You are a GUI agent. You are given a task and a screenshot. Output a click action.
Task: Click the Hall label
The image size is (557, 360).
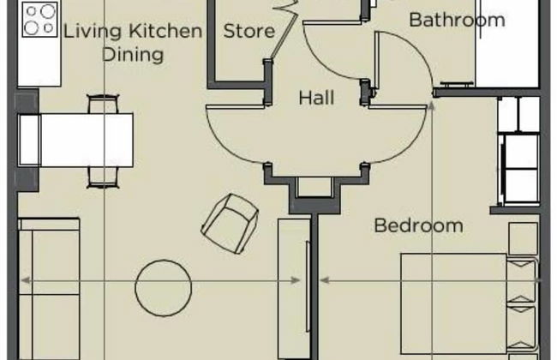316,98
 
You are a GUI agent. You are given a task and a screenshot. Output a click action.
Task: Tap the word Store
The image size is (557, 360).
249,31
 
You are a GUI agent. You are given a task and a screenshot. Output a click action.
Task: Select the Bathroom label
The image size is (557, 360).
457,20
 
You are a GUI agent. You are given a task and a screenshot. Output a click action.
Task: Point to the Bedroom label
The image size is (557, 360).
418,225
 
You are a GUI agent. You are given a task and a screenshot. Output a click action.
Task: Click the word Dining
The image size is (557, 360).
133,55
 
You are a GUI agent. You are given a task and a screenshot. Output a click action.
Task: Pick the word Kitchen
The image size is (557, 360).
165,31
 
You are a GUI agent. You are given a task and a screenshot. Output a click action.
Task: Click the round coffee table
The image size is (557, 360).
164,288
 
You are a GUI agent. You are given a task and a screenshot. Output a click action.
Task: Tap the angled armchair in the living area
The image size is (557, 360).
230,224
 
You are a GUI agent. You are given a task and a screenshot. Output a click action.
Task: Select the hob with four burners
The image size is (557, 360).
39,19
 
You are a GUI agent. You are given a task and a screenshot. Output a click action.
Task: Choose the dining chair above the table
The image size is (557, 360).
103,104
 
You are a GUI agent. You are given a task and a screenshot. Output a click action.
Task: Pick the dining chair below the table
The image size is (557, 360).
103,177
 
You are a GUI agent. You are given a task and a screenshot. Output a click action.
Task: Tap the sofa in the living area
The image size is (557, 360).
49,290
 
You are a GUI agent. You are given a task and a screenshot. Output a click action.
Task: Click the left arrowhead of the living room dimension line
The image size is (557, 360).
26,280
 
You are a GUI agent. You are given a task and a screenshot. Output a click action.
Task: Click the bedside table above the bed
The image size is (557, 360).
523,238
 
